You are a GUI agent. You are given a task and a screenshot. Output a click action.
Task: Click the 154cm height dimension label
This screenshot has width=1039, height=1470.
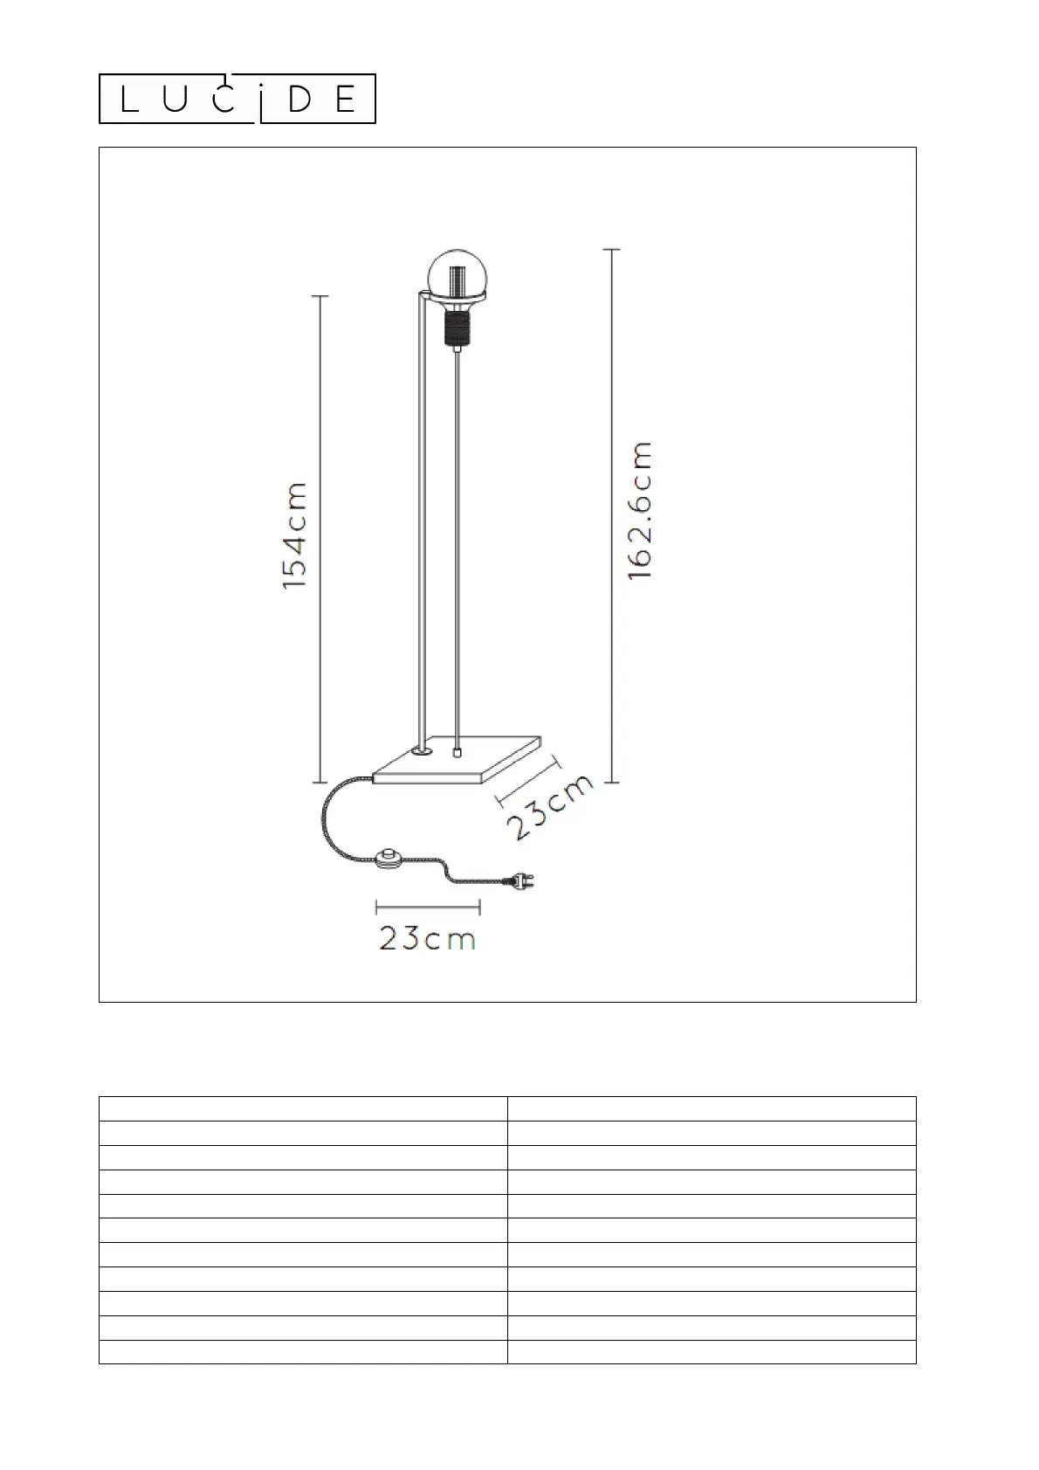[x=294, y=535]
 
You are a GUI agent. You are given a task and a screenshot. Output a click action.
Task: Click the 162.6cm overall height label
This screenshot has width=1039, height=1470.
[x=639, y=511]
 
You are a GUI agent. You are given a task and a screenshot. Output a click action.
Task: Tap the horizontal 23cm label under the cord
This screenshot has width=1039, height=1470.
[x=427, y=938]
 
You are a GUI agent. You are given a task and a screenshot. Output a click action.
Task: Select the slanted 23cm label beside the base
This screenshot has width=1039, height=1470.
[x=551, y=806]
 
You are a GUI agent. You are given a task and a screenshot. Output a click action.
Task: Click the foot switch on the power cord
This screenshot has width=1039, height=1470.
[x=389, y=857]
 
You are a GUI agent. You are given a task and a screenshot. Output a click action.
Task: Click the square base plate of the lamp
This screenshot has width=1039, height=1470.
[x=458, y=760]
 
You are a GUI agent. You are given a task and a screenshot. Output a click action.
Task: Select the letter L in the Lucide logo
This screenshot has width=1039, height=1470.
[x=129, y=99]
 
